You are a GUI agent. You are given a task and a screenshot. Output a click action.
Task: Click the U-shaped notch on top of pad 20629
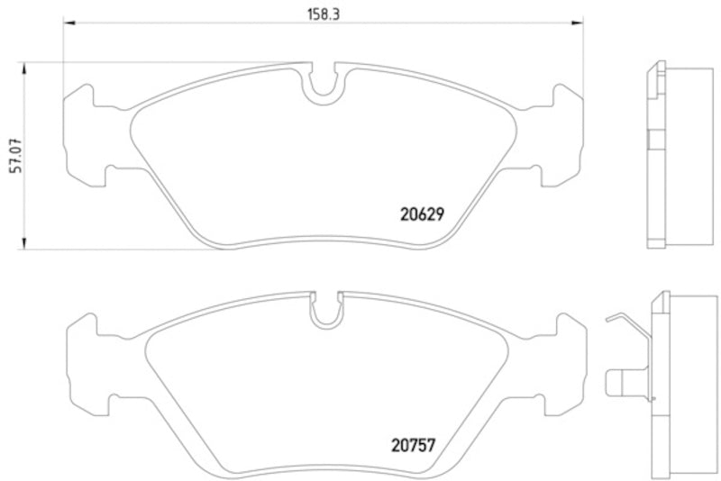tap(323, 84)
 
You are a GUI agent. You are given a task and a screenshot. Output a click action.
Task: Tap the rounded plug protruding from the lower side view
tap(619, 382)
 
